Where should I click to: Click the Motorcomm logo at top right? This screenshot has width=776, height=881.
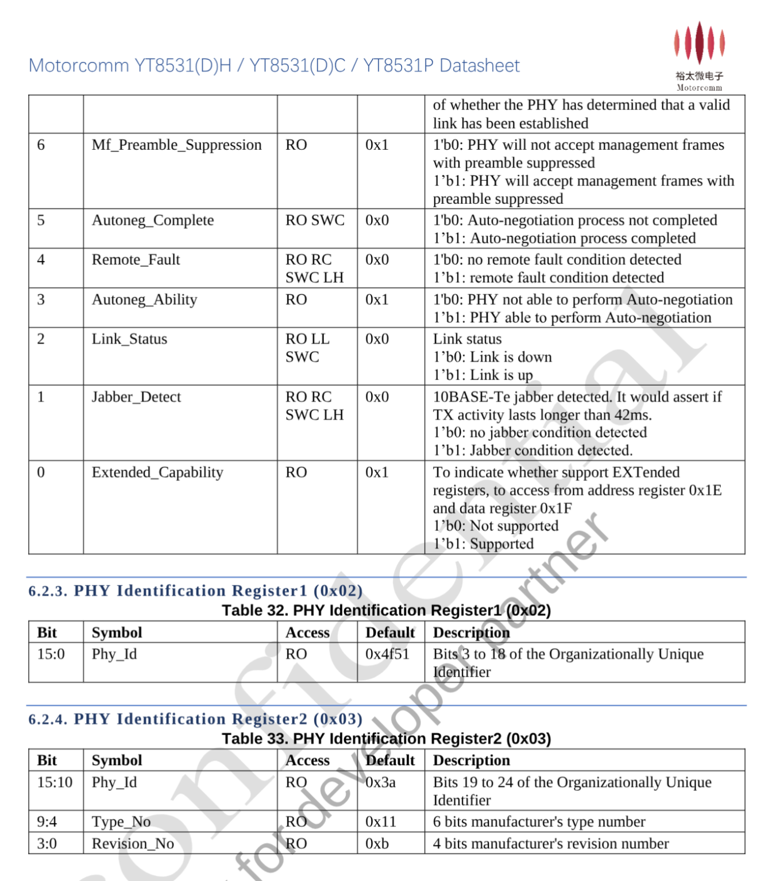pos(699,56)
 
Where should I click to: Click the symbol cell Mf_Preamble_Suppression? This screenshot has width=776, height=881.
pos(176,145)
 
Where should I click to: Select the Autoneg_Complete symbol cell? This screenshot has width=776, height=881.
pos(153,220)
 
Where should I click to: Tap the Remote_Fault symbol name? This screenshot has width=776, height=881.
pos(136,260)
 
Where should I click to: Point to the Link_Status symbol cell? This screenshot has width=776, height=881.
pos(129,339)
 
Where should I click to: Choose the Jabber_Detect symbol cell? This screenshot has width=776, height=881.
pos(136,397)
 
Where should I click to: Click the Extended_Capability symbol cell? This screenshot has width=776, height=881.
pos(157,472)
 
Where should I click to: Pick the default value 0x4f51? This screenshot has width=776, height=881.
pos(387,654)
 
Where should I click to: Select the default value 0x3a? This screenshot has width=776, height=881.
pos(380,782)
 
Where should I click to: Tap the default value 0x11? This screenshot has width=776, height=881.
pos(381,822)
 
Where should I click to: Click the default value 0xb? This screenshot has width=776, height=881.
pos(377,844)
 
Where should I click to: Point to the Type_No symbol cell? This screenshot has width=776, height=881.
pos(121,822)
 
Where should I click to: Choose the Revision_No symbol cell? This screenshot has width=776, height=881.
pos(133,844)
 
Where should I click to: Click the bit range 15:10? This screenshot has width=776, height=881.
pos(55,782)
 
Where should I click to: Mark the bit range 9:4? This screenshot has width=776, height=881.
pos(47,822)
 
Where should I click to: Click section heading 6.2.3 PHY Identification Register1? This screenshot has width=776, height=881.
pos(195,591)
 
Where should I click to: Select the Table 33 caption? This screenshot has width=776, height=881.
pos(386,739)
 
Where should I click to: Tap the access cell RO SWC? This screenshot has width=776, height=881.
pos(315,220)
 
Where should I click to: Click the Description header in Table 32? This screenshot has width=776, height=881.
pos(471,632)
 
